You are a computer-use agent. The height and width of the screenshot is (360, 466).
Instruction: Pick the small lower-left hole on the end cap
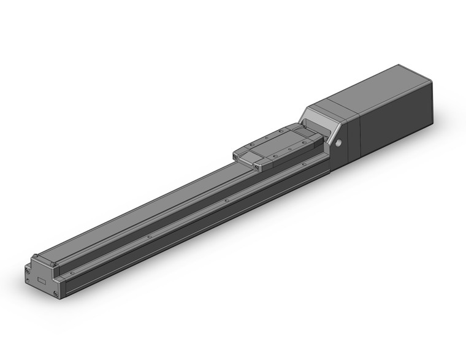coord(28,277)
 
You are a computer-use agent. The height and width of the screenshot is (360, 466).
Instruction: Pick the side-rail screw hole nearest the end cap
coord(73,269)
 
